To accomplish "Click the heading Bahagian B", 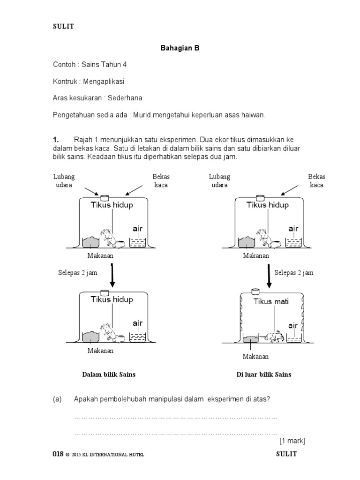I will pos(180,48).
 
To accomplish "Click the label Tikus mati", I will pos(271,301).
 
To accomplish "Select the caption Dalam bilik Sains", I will pos(109,375).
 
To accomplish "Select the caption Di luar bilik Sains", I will pos(264,375).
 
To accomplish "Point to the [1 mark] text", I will pos(292,441).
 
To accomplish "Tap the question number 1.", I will pos(55,140).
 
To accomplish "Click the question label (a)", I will pos(57,399).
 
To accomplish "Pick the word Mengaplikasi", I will pos(104,81).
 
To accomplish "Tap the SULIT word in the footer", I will pos(286,454).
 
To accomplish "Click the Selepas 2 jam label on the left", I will pos(78,273).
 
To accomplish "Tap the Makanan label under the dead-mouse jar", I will pos(255,357).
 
